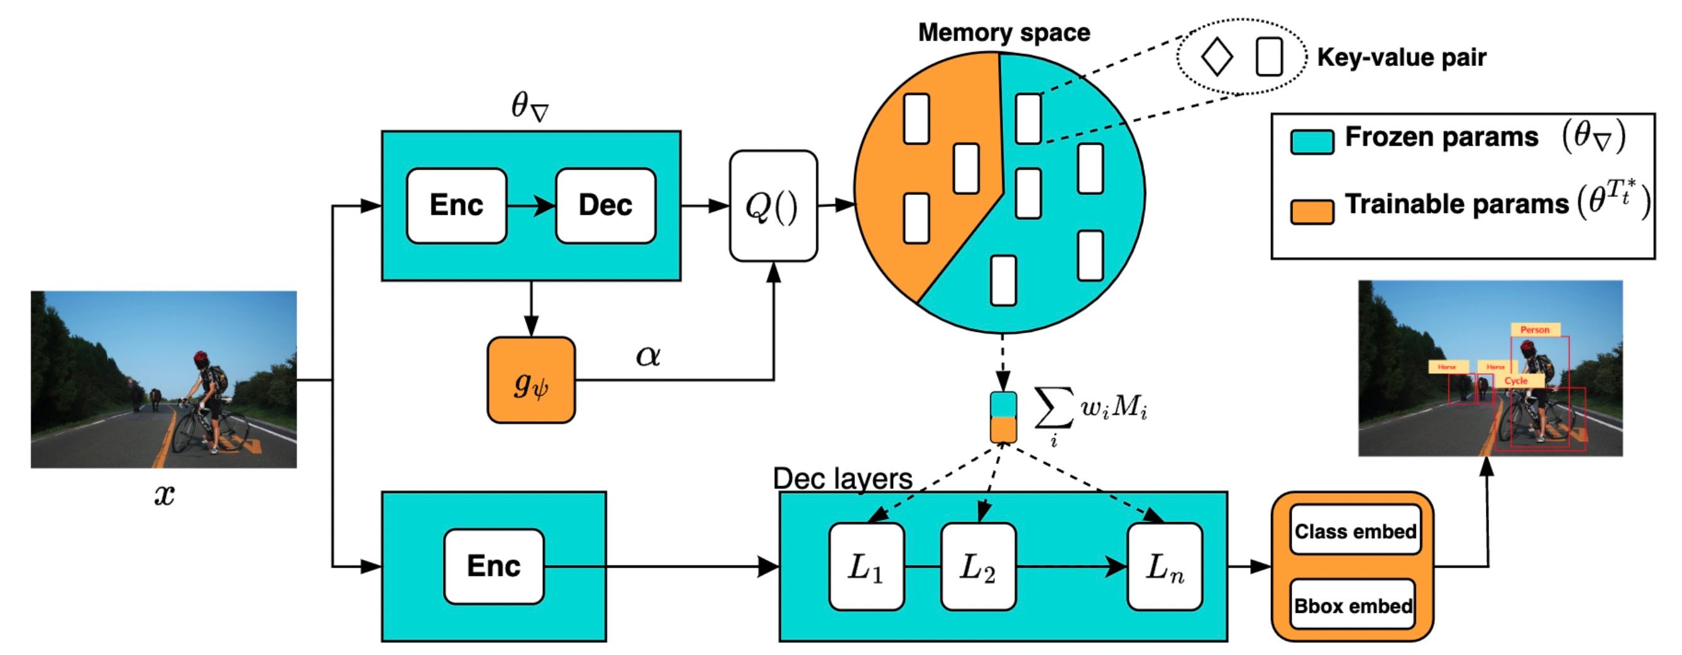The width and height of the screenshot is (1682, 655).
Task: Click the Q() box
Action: (773, 206)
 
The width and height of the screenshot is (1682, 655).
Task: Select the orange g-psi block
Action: (531, 381)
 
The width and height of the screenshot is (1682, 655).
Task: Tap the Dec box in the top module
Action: (605, 206)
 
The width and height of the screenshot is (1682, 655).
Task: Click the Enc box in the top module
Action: (456, 206)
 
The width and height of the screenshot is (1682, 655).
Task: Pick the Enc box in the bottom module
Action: (493, 566)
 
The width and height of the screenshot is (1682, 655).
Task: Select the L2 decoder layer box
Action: (978, 567)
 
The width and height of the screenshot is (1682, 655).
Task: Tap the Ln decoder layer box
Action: (1165, 567)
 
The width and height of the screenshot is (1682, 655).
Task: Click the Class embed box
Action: (1356, 531)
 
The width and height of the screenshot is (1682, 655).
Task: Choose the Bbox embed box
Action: (1353, 606)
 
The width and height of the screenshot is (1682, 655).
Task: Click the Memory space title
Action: (1004, 33)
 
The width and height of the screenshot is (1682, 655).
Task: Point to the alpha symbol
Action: (648, 356)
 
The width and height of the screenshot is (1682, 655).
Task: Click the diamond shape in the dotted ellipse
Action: (1216, 57)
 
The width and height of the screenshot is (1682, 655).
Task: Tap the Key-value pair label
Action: (1401, 57)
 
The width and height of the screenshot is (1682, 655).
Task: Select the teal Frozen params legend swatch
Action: (1312, 141)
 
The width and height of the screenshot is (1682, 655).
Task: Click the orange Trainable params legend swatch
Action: (1312, 212)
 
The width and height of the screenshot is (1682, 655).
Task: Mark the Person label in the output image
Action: (1534, 330)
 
